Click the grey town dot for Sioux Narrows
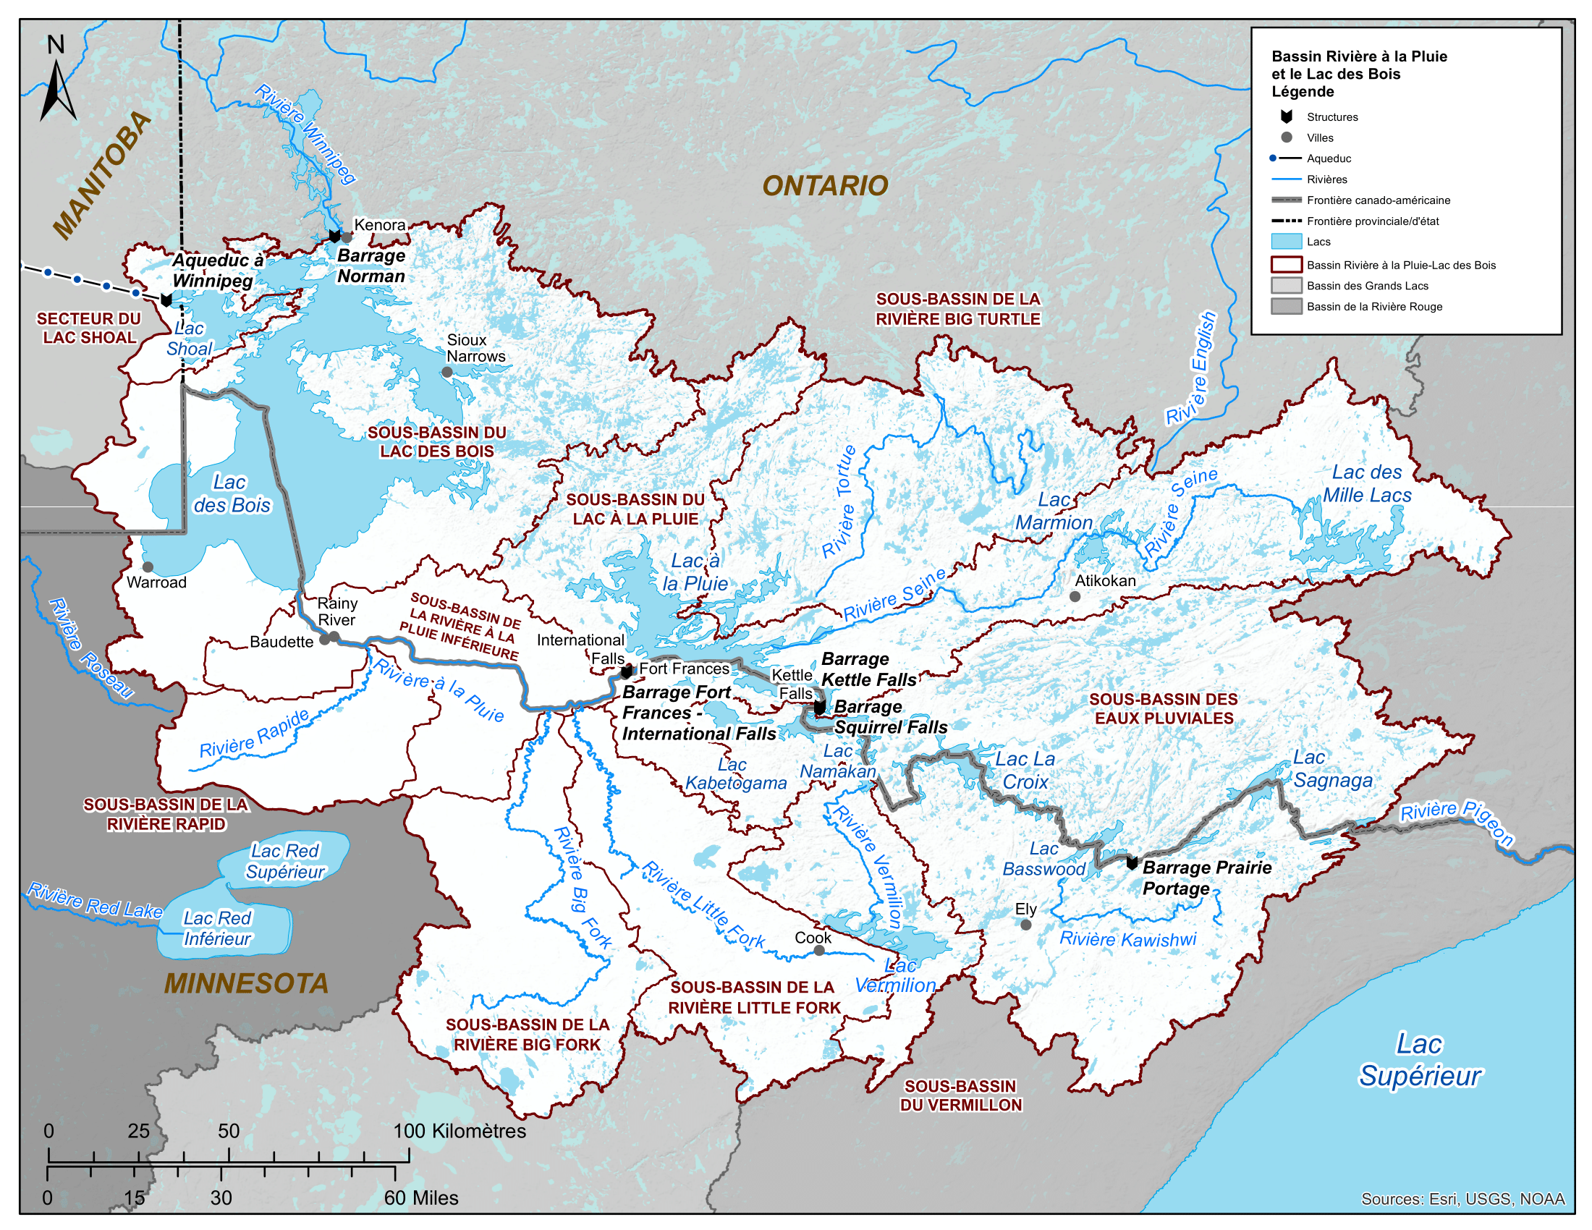[x=447, y=372]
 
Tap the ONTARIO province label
[x=825, y=186]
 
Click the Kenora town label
[x=379, y=225]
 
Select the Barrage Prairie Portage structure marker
[x=1132, y=862]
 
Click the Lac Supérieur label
[x=1419, y=1059]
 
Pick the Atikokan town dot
[x=1075, y=596]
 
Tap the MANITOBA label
[x=102, y=175]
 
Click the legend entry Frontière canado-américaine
[x=1378, y=200]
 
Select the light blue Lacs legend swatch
[x=1286, y=242]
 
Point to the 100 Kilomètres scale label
[x=460, y=1131]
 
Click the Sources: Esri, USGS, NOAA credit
[x=1462, y=1199]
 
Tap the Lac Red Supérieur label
[x=285, y=861]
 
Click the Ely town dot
[x=1025, y=925]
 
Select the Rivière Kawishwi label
[x=1127, y=939]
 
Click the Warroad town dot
[x=148, y=567]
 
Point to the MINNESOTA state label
[x=246, y=984]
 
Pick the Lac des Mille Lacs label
[x=1367, y=484]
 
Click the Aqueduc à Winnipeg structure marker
[x=166, y=300]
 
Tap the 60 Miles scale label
[x=420, y=1198]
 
